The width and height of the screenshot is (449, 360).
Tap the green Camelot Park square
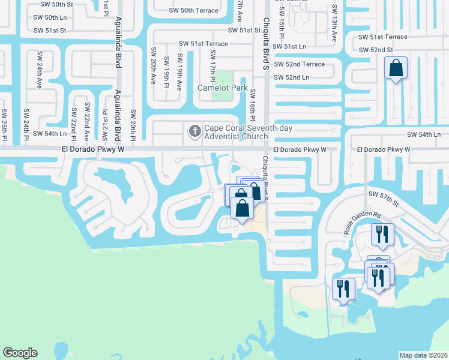224,78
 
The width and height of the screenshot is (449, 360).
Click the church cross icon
194,131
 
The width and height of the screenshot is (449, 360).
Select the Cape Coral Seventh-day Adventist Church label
235,132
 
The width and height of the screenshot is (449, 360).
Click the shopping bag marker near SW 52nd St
396,70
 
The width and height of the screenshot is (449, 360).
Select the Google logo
20,353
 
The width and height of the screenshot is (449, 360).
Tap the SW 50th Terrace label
191,10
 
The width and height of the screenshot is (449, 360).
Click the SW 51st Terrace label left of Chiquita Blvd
204,44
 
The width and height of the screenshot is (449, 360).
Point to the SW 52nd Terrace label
299,64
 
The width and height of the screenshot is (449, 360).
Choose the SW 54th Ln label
424,135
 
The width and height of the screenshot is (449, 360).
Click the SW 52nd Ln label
291,77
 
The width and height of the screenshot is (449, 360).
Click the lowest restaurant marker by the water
343,289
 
